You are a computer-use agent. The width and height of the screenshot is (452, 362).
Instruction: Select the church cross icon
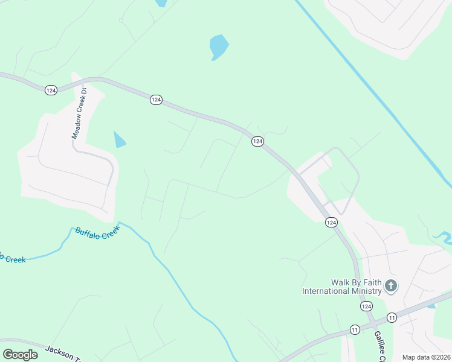pyautogui.click(x=391, y=285)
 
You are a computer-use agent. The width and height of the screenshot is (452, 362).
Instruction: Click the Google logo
pyautogui.click(x=20, y=355)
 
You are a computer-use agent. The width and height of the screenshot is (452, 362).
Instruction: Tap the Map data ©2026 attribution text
pyautogui.click(x=426, y=357)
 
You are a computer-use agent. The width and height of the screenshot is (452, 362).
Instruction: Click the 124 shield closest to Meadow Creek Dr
pyautogui.click(x=51, y=90)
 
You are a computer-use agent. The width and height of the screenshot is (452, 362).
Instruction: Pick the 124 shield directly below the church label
pyautogui.click(x=366, y=306)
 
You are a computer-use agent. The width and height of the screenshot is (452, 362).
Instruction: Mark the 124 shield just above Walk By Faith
pyautogui.click(x=331, y=223)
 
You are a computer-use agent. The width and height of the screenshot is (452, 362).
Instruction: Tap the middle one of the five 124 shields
pyautogui.click(x=257, y=141)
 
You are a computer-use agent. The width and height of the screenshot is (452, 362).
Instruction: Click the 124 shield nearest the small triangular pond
pyautogui.click(x=156, y=100)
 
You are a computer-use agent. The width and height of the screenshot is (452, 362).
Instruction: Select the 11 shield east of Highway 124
pyautogui.click(x=392, y=317)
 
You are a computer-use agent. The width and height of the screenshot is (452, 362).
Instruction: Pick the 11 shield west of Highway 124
pyautogui.click(x=355, y=329)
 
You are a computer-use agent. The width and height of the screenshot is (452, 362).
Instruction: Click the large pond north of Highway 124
pyautogui.click(x=219, y=46)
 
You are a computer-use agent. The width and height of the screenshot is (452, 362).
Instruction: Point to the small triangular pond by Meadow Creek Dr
pyautogui.click(x=119, y=140)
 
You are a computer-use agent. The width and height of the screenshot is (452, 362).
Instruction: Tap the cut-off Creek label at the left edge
pyautogui.click(x=12, y=258)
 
